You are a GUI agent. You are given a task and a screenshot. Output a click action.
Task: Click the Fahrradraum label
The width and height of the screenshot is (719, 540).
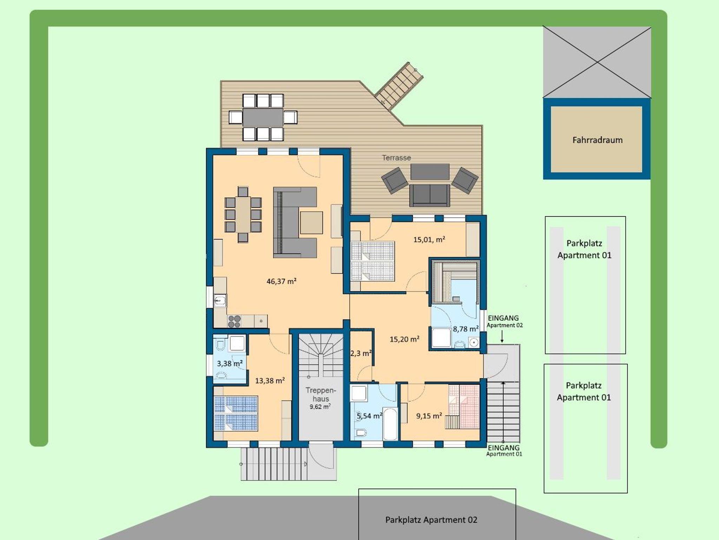click(598, 140)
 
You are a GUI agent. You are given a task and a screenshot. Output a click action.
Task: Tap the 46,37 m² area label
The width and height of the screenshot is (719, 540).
click(282, 281)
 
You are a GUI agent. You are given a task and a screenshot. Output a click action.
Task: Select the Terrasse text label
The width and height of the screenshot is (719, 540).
click(396, 158)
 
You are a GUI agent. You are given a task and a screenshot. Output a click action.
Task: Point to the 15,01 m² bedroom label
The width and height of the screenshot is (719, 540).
click(429, 240)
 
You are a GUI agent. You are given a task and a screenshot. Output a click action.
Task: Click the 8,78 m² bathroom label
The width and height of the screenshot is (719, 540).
click(466, 329)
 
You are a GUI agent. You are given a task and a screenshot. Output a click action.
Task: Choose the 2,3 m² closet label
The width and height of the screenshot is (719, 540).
click(361, 353)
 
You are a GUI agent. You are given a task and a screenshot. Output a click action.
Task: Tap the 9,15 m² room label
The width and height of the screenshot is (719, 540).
click(429, 416)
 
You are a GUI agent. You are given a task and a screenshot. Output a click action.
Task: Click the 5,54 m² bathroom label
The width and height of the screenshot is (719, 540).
click(369, 416)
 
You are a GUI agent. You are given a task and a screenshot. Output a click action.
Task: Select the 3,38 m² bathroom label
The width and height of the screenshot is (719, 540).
click(230, 363)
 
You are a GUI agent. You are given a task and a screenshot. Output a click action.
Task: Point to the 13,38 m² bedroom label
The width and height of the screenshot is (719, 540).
click(270, 381)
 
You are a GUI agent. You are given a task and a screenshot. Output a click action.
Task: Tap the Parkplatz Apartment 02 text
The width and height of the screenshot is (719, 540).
click(431, 520)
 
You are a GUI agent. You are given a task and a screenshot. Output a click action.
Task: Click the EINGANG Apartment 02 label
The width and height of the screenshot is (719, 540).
click(504, 321)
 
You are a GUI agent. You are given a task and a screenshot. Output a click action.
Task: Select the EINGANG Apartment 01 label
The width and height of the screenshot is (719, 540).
click(504, 450)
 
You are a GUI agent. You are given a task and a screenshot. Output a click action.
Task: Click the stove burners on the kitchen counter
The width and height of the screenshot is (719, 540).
click(234, 321)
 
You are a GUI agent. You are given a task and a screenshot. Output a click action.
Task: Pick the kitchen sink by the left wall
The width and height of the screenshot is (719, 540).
click(220, 301)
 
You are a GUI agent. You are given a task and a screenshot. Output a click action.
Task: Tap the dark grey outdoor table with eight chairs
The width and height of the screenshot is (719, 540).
click(263, 117)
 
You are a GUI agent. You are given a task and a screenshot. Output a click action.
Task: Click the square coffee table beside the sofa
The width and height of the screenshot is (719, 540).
click(311, 223)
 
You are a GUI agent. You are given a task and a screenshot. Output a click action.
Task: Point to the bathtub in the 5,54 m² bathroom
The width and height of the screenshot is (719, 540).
click(390, 423)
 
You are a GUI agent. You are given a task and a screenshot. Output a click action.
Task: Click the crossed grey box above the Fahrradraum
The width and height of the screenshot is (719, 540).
click(597, 62)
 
